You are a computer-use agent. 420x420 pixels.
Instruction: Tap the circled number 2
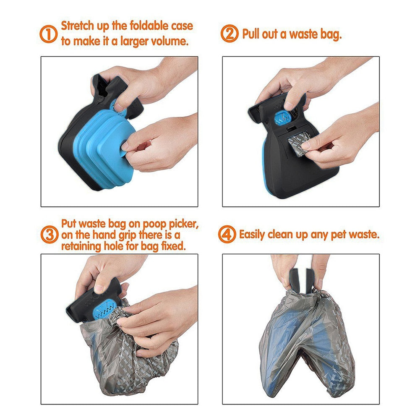pyautogui.click(x=230, y=34)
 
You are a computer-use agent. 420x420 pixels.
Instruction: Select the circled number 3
pyautogui.click(x=50, y=235)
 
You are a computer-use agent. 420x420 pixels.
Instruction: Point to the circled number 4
pyautogui.click(x=227, y=234)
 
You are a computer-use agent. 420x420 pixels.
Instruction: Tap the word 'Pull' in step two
pyautogui.click(x=252, y=34)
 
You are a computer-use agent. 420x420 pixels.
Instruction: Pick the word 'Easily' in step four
pyautogui.click(x=254, y=234)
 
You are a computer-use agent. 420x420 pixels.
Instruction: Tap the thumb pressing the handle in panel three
pyautogui.click(x=99, y=285)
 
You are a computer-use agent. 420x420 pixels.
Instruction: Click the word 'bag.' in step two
pyautogui.click(x=330, y=34)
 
